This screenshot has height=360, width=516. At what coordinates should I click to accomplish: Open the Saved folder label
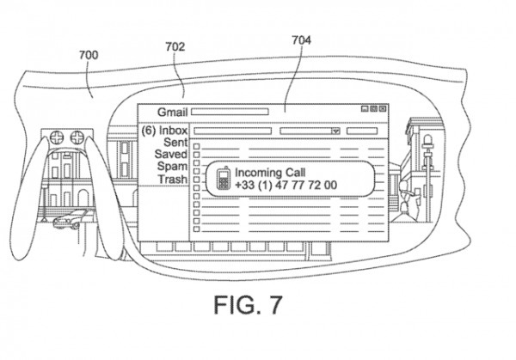click(x=171, y=155)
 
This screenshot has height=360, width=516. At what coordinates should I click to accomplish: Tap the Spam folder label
click(x=173, y=167)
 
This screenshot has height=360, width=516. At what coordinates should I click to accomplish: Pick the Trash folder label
click(x=173, y=179)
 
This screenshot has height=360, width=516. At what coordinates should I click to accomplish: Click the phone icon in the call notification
click(x=222, y=178)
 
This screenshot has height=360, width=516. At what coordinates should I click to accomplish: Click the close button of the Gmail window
click(x=383, y=109)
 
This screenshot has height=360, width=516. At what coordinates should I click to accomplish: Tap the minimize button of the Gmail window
click(x=365, y=109)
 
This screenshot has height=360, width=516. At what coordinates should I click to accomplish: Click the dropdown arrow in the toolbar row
click(x=336, y=131)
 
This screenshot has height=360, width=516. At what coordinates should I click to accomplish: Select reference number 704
click(x=302, y=40)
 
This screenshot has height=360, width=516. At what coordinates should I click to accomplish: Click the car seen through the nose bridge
click(x=66, y=221)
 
